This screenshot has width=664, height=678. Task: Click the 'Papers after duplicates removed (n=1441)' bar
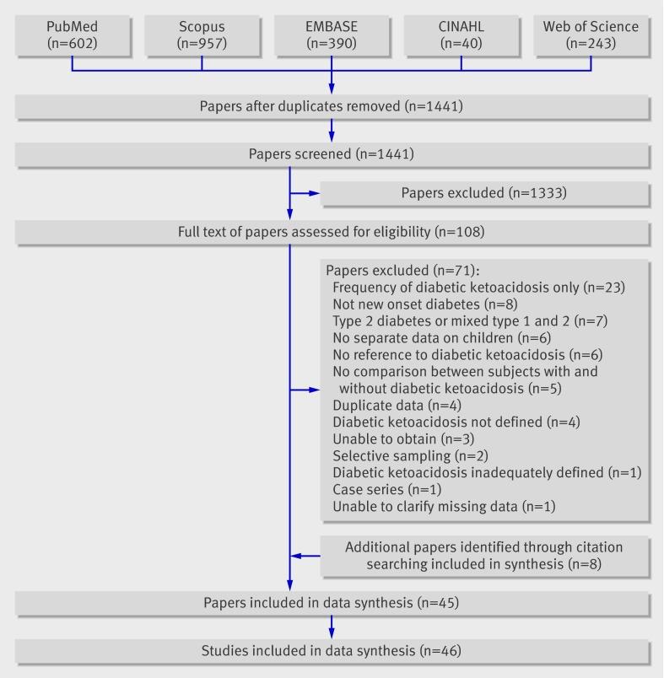click(332, 106)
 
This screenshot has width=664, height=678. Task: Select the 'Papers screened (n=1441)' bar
click(332, 154)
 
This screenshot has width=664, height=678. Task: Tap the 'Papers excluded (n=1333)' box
click(485, 193)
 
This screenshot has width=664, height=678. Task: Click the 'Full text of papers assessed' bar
click(332, 232)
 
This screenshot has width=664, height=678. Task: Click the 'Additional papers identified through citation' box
click(485, 555)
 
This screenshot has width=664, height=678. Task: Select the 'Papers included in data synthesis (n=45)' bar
click(332, 603)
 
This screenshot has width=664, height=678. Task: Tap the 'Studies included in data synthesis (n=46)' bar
click(332, 651)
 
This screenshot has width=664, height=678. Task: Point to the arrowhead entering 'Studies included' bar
click(332, 633)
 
